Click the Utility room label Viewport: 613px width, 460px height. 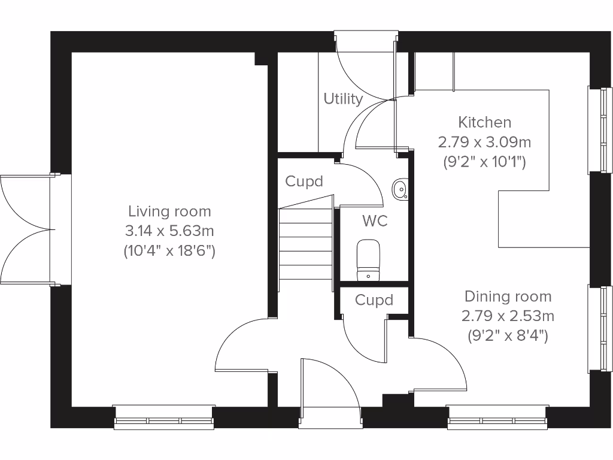[343, 99]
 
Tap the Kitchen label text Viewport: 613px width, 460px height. [484, 122]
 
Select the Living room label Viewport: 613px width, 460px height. [169, 211]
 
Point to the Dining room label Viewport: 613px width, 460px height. [508, 296]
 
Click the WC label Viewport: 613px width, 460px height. [375, 221]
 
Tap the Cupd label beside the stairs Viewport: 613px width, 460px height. [304, 181]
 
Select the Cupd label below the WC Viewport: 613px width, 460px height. [374, 299]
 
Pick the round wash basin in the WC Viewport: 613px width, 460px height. [400, 190]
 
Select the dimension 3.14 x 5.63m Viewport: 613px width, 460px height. [169, 231]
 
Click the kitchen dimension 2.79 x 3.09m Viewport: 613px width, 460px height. [484, 143]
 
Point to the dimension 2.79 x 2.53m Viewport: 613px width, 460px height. [508, 316]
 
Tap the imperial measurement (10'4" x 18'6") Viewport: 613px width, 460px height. [169, 250]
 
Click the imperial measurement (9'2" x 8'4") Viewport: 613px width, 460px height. [508, 335]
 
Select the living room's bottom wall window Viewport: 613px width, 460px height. [164, 417]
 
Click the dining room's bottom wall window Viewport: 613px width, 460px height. [497, 417]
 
